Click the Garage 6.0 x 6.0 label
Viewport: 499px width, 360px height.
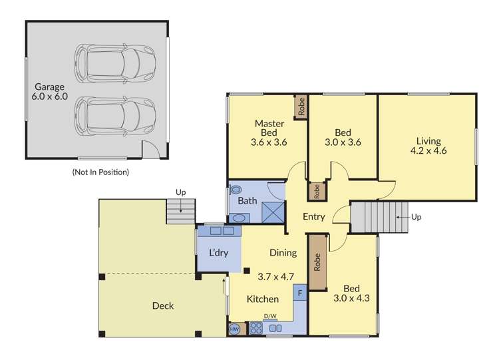[x=50, y=91]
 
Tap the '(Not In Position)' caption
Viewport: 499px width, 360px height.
[x=100, y=172]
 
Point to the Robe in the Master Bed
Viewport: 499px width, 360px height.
[x=301, y=107]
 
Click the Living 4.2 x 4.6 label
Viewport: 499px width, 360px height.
[x=428, y=146]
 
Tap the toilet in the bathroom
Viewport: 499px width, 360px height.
[x=235, y=189]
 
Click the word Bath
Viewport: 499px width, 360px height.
[x=248, y=200]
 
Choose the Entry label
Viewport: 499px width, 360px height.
[x=314, y=217]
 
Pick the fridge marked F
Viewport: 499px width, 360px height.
[x=300, y=292]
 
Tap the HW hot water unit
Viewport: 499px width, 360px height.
[x=234, y=329]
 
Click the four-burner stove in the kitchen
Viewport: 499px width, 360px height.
[x=255, y=328]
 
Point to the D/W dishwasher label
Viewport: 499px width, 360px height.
[x=270, y=316]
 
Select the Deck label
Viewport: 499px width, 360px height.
[x=162, y=305]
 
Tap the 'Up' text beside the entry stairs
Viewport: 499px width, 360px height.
[x=416, y=217]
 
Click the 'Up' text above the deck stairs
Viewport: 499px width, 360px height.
[x=180, y=192]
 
